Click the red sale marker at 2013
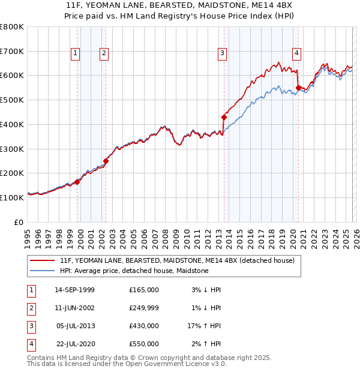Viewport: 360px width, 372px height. (x=224, y=117)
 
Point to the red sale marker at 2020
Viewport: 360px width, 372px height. (x=299, y=88)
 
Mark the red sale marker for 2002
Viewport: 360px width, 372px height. (x=106, y=161)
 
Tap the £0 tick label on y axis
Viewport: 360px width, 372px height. (x=19, y=222)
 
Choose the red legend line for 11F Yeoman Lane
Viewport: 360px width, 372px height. (x=43, y=261)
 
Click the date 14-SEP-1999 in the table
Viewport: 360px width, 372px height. (x=74, y=290)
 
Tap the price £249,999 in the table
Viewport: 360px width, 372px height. (x=143, y=308)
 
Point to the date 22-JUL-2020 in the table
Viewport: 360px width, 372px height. (x=74, y=344)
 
